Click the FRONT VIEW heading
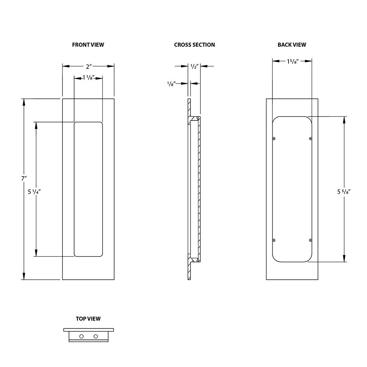click(x=88, y=45)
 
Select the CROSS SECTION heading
click(x=195, y=45)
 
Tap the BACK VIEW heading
click(x=292, y=45)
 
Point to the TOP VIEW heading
click(x=88, y=319)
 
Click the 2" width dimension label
click(x=88, y=66)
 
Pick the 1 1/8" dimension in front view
click(x=88, y=77)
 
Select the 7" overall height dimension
click(x=24, y=178)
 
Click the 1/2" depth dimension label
click(x=195, y=66)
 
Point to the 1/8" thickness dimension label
click(x=171, y=84)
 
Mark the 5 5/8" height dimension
click(x=344, y=191)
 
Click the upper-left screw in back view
click(x=274, y=138)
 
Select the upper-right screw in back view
click(x=311, y=138)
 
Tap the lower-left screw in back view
click(x=274, y=240)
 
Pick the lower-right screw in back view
click(x=311, y=240)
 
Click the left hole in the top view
click(x=81, y=336)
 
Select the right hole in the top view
click(x=96, y=336)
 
